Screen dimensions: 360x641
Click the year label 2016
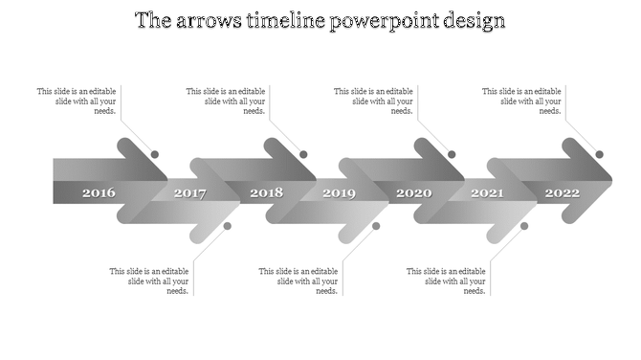(x=99, y=193)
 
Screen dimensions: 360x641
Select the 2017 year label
(x=189, y=193)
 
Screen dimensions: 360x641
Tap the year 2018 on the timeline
(x=267, y=193)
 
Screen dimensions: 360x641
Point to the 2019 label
(x=339, y=193)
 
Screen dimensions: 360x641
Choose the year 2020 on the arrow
(x=414, y=193)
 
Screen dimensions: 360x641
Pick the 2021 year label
(x=487, y=193)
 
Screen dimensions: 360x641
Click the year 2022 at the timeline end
(x=563, y=193)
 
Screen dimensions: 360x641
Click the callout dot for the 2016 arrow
(x=155, y=154)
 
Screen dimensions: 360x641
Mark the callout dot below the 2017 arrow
(x=228, y=226)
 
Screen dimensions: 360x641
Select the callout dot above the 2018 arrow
(x=303, y=154)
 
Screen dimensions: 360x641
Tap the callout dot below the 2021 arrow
(x=524, y=226)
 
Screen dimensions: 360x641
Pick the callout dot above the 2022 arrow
(x=600, y=154)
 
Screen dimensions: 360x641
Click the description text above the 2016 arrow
(x=77, y=101)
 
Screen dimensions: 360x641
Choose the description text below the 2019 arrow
(x=298, y=281)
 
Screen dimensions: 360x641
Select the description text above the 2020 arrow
(x=373, y=101)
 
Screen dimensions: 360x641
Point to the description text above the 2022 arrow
(x=521, y=101)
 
